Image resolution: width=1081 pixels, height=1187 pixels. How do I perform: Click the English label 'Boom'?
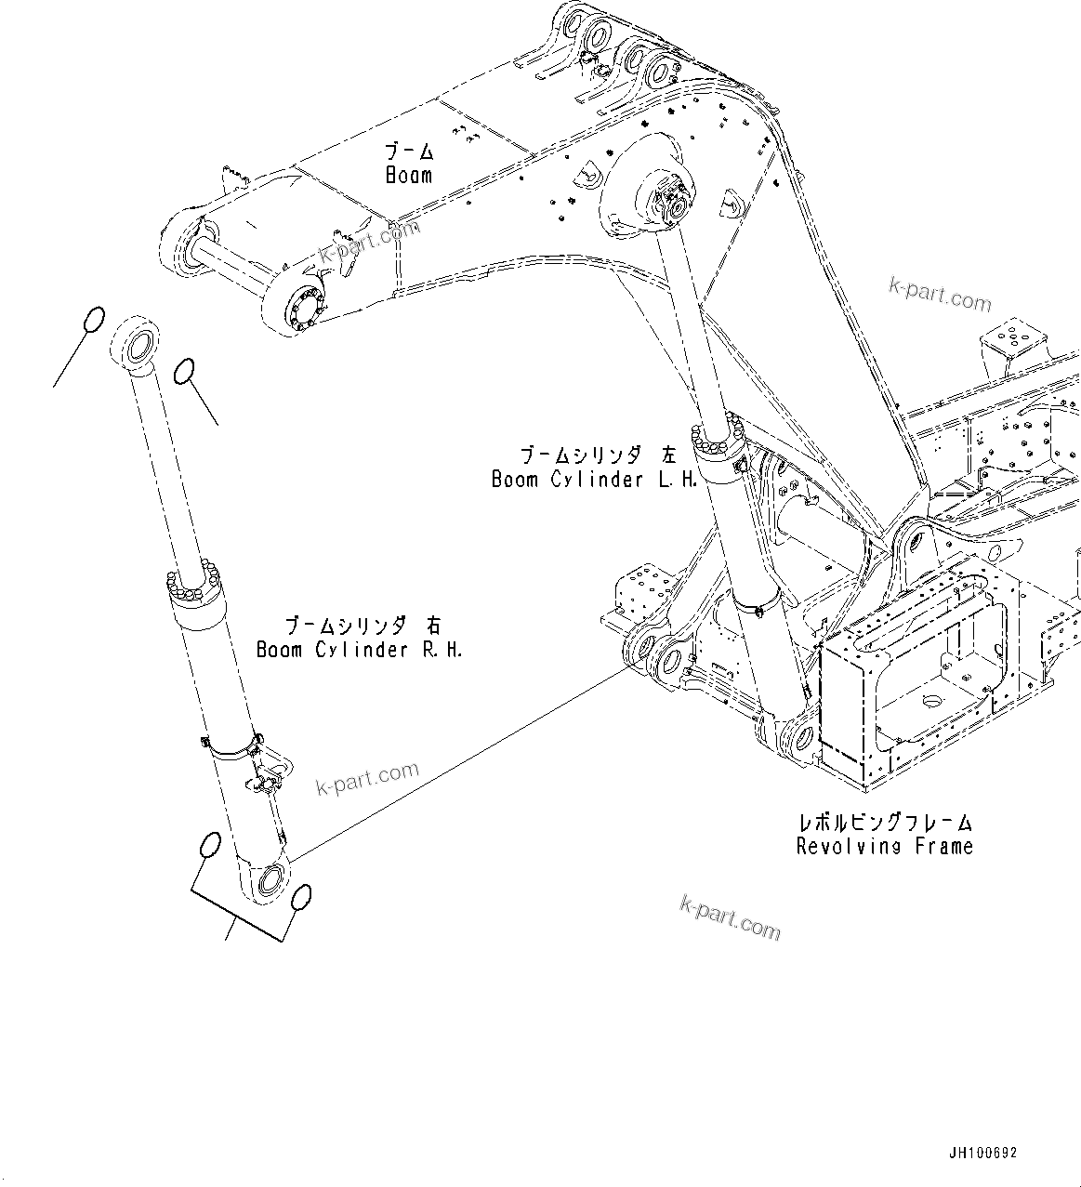coord(409,175)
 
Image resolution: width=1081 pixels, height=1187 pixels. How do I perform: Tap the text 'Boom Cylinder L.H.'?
coord(594,480)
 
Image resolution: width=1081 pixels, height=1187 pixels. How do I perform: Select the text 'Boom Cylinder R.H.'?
coord(359,650)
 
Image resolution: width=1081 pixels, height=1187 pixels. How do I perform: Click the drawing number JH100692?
coord(983,1153)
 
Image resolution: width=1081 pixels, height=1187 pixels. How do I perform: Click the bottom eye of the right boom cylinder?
coord(271,878)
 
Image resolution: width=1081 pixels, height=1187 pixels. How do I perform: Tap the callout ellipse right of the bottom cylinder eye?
coord(299,898)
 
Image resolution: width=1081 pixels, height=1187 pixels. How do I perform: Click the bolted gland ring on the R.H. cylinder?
coord(192,588)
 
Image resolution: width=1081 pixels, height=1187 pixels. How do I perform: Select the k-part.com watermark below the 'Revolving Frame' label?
coord(731,917)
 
